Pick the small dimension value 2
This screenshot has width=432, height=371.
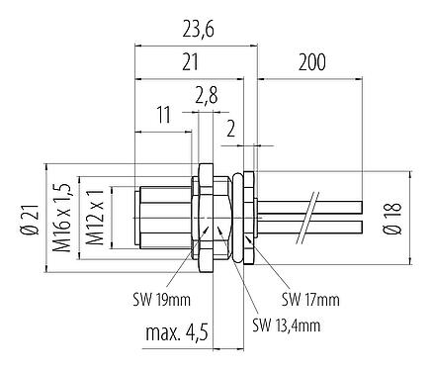(x=230, y=127)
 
